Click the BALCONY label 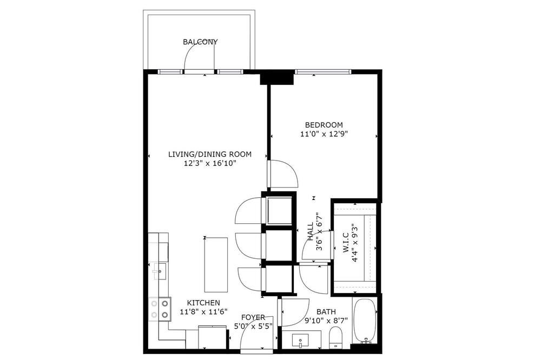(200, 42)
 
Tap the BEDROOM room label (324, 125)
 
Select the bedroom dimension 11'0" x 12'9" (324, 134)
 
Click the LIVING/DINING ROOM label (210, 154)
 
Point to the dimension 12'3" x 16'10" (210, 163)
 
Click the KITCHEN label (203, 303)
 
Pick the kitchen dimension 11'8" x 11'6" (203, 312)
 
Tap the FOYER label (253, 317)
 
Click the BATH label (326, 312)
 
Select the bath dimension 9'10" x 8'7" (326, 321)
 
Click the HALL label (310, 231)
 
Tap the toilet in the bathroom (335, 337)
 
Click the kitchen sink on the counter (160, 271)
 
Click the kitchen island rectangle (216, 264)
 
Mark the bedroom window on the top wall (323, 72)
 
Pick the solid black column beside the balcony (276, 77)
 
